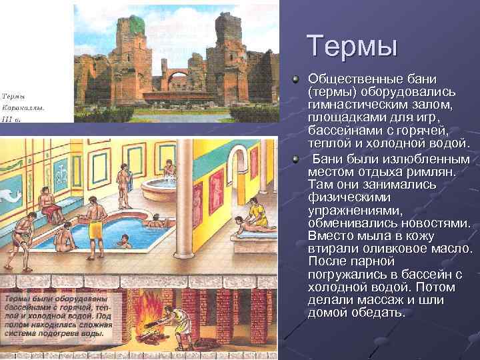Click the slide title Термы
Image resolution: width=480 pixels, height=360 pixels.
352,46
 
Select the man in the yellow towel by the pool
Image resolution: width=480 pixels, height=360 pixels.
95,220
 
